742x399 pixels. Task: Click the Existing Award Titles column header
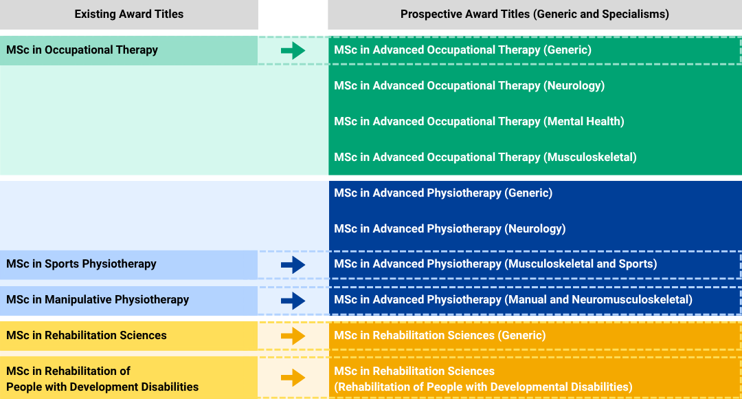point(129,14)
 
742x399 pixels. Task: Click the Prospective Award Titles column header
point(535,14)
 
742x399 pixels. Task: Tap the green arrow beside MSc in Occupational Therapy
point(293,50)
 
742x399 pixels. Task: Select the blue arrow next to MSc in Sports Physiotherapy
point(293,264)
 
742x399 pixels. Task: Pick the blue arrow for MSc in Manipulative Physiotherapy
point(293,300)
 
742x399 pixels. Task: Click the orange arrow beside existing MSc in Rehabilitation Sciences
point(293,336)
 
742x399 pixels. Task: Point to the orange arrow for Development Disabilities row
point(293,378)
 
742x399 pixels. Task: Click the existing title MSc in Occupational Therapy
point(82,50)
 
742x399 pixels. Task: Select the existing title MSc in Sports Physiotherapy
point(81,264)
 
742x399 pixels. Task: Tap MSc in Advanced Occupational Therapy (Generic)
point(462,50)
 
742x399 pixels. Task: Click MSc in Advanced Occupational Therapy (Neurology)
point(469,86)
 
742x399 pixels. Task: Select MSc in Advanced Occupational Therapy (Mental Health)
point(479,122)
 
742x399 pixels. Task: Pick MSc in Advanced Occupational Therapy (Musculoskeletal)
point(485,158)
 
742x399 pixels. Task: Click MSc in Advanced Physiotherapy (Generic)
point(443,193)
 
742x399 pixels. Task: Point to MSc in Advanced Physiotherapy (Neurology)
point(450,229)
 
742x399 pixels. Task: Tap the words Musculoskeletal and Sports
point(581,264)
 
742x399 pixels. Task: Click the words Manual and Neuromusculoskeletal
point(598,300)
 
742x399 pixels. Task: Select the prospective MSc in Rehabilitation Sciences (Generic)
point(440,336)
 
